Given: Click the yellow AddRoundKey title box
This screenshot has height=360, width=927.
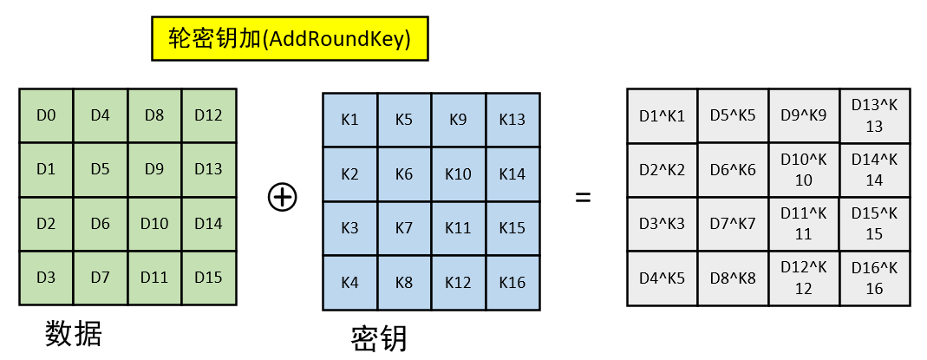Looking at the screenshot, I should tap(290, 39).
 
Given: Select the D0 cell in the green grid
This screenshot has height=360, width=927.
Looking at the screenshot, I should tap(46, 115).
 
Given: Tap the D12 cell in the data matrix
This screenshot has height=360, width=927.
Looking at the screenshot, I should tap(208, 115).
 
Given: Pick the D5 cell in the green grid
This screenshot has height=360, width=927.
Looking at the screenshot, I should tap(100, 169).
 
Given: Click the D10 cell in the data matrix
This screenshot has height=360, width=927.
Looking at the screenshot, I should tap(154, 224).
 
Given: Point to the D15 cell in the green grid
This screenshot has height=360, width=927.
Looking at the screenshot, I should tap(208, 278).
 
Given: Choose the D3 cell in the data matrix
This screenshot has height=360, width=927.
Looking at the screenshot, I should tap(46, 278).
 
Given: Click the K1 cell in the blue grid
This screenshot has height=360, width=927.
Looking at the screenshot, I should tap(349, 120).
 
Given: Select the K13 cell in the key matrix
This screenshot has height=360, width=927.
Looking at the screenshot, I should tap(512, 120).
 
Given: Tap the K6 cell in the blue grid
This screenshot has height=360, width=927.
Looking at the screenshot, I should tap(404, 174).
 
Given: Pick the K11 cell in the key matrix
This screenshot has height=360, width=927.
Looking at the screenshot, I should tap(458, 228).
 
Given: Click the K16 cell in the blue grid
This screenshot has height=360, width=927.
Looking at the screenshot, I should tap(512, 282).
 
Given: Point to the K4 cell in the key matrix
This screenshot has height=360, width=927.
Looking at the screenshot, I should tap(349, 282).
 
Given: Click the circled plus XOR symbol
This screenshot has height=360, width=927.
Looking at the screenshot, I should tap(282, 197).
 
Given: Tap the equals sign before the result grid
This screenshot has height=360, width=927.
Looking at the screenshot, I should tap(583, 197).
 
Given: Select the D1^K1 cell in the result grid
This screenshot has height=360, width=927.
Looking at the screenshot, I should tap(662, 115).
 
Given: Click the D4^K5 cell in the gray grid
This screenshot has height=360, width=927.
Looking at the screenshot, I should tap(662, 278).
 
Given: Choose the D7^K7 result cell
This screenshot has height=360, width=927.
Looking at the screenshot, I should tap(733, 224).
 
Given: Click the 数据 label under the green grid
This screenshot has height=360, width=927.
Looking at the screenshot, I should tap(74, 333).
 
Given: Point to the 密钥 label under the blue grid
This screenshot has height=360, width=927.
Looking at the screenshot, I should tap(379, 338).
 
